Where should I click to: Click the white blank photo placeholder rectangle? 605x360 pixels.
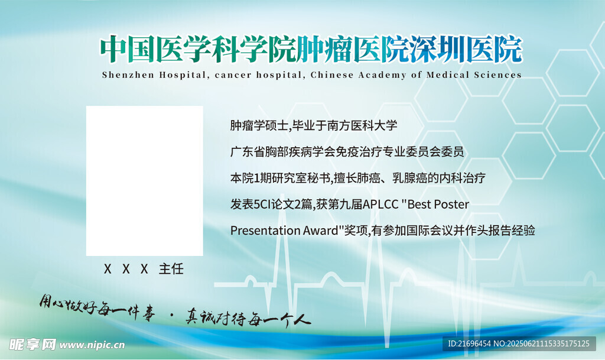pyautogui.click(x=144, y=180)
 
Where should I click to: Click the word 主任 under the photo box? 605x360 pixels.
pyautogui.click(x=171, y=268)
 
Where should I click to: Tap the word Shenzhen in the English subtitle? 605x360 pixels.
pyautogui.click(x=128, y=75)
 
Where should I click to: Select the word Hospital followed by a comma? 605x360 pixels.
pyautogui.click(x=185, y=75)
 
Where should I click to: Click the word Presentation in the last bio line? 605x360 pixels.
pyautogui.click(x=265, y=231)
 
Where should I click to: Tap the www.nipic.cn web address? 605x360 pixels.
pyautogui.click(x=92, y=345)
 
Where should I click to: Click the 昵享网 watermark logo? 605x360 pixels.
pyautogui.click(x=32, y=344)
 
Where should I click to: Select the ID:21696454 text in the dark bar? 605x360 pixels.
pyautogui.click(x=469, y=343)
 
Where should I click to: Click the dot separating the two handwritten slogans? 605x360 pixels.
pyautogui.click(x=171, y=316)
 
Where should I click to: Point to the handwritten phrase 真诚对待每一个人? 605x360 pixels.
pyautogui.click(x=248, y=317)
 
